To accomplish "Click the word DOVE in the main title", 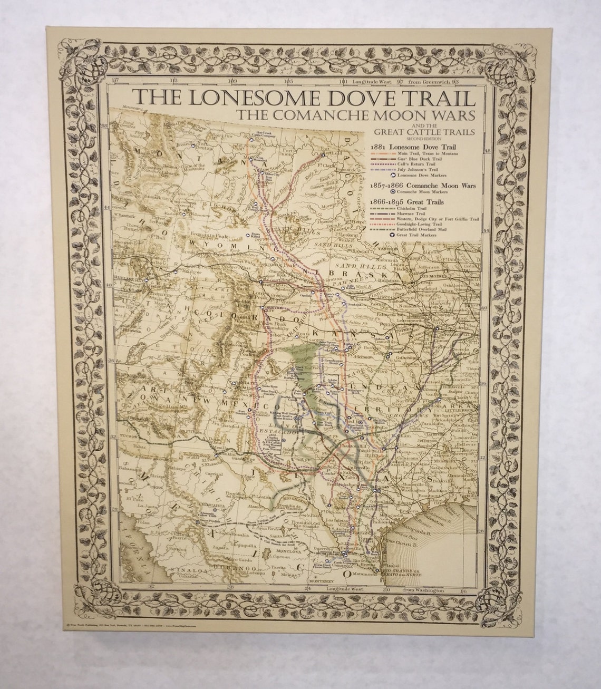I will pos(327,98).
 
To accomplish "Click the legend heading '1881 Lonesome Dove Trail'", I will pos(413,146).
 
